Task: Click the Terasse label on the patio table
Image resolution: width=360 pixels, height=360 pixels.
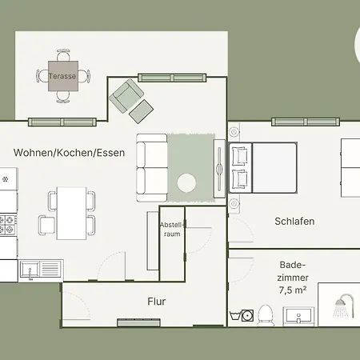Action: click(62, 76)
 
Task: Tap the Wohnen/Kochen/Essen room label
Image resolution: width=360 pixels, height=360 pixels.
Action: click(69, 153)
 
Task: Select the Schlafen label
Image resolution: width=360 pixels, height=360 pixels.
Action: click(294, 222)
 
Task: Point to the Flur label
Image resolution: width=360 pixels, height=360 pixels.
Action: click(157, 302)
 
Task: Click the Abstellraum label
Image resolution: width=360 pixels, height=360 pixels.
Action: click(172, 230)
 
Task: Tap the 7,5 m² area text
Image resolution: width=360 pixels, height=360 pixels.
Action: click(293, 290)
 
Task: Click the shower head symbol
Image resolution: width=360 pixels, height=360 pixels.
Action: click(344, 306)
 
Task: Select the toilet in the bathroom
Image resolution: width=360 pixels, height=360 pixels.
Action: click(266, 315)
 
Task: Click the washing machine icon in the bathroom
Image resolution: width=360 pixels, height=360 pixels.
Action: click(247, 315)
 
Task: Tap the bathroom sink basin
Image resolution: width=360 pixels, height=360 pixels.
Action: click(298, 317)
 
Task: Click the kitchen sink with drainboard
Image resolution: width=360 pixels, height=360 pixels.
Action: click(41, 270)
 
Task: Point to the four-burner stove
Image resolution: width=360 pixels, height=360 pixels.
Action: click(8, 225)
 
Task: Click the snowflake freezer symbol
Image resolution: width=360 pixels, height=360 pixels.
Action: click(5, 179)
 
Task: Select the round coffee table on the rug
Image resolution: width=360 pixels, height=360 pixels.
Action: click(186, 182)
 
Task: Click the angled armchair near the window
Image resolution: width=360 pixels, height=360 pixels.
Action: click(126, 96)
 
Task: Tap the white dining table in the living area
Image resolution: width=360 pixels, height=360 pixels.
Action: click(71, 214)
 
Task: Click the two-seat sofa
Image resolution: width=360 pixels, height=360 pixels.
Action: click(152, 167)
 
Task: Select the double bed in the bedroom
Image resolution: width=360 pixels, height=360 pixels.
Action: click(263, 167)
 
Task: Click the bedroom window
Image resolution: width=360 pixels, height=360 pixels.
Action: click(306, 122)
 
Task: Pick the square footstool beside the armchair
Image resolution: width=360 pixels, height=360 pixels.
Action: click(141, 111)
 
